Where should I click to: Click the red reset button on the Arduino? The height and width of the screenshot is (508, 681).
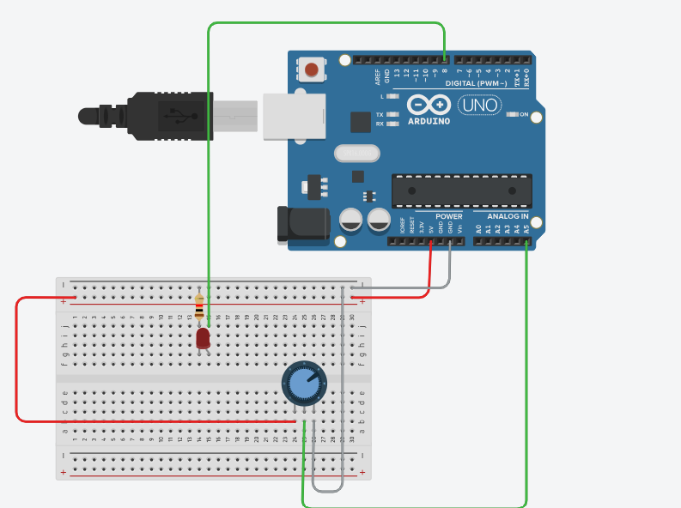[x=311, y=69]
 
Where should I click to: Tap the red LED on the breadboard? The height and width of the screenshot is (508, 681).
[x=203, y=338]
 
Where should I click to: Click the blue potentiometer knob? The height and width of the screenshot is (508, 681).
[x=304, y=383]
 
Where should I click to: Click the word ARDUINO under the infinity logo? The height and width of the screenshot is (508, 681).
[x=429, y=121]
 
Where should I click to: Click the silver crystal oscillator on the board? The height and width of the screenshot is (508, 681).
[x=356, y=154]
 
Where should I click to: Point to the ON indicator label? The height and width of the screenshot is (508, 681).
[x=523, y=114]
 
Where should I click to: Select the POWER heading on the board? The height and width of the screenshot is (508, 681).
[x=448, y=216]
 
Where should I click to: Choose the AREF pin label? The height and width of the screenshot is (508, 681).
[x=377, y=77]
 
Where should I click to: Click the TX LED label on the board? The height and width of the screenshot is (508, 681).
[x=380, y=114]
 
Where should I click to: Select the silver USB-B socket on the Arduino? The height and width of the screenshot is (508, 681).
[x=295, y=115]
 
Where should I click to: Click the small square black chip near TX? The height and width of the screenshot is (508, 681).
[x=360, y=122]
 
